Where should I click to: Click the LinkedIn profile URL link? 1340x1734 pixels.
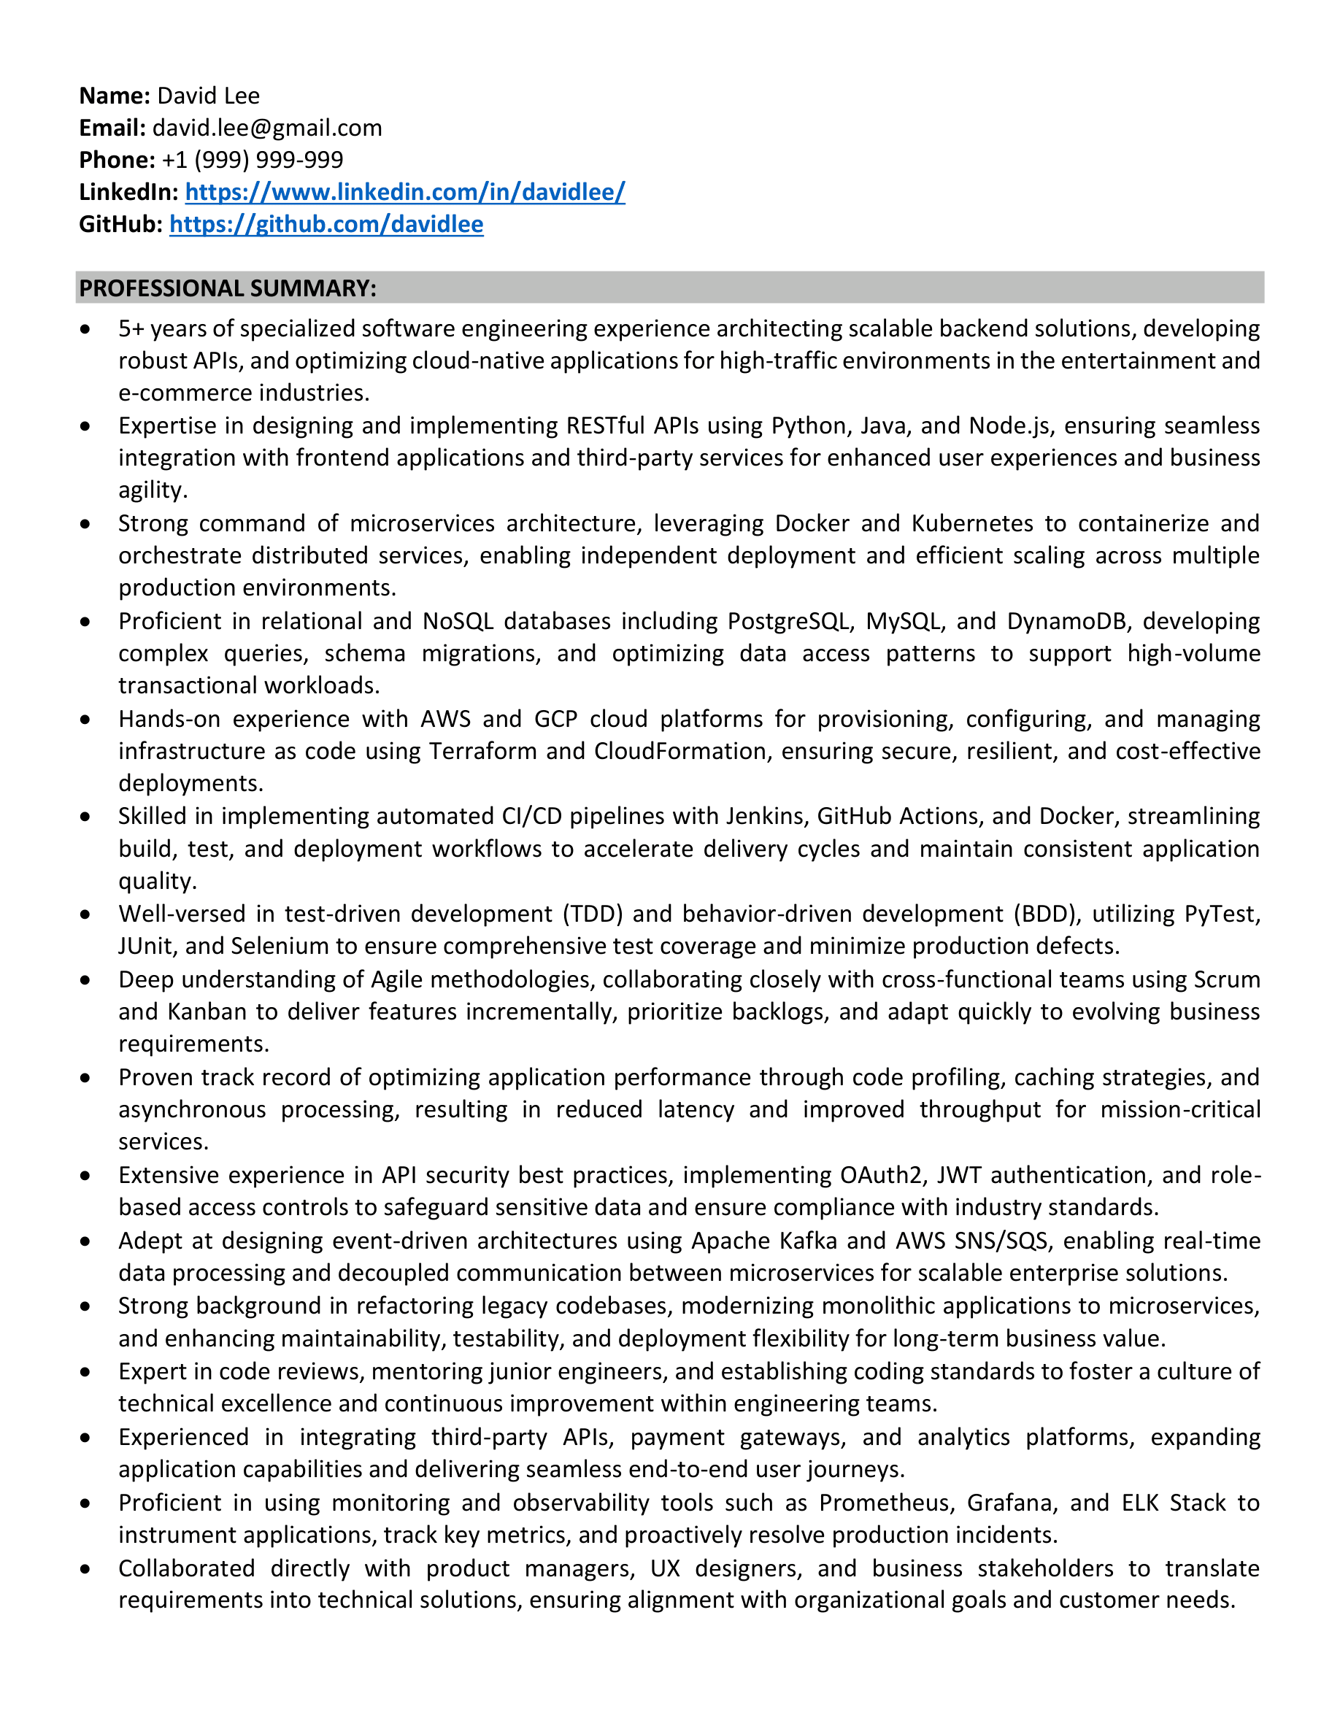coord(405,192)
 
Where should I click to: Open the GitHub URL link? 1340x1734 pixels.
coord(326,225)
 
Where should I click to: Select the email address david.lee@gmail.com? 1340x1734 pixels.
coord(266,128)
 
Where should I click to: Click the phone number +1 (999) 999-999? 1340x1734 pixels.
coord(253,161)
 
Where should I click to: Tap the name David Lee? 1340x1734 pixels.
coord(208,96)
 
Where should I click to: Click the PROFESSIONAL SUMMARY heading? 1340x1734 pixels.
coord(228,288)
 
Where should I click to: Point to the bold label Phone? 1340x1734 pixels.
coord(117,161)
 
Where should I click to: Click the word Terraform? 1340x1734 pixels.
coord(482,751)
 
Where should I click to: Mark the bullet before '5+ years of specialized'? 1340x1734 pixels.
coord(85,328)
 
